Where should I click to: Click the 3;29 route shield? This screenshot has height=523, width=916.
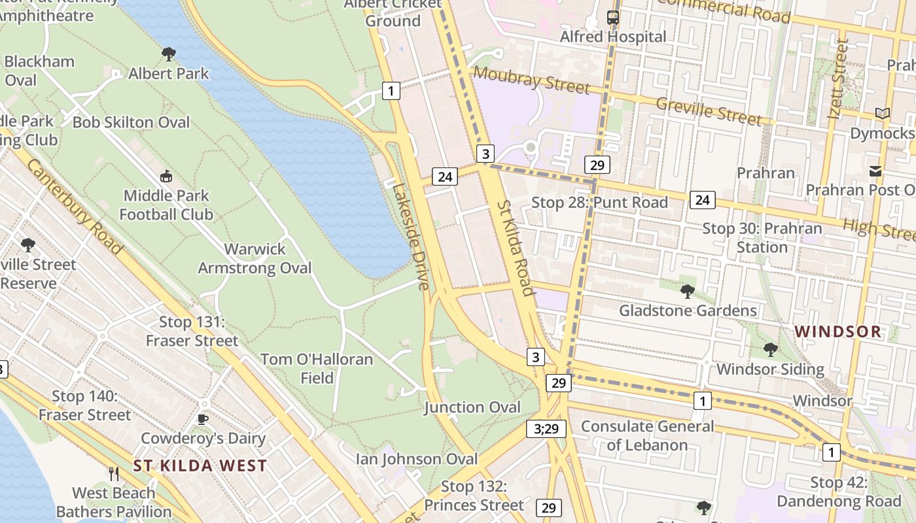tap(546, 429)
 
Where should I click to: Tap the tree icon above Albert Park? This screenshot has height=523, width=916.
tap(169, 54)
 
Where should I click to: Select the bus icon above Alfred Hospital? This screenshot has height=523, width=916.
tap(613, 18)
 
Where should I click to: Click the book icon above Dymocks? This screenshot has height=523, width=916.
tap(883, 114)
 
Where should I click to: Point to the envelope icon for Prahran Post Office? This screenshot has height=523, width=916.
tap(875, 171)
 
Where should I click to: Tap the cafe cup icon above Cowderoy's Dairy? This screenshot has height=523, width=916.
tap(203, 419)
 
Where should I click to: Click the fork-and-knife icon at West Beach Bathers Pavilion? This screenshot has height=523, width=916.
tap(114, 473)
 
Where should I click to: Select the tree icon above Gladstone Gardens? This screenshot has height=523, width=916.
tap(687, 291)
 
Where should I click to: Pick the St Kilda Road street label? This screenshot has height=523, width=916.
tap(515, 248)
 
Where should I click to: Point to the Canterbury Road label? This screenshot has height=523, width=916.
tap(74, 206)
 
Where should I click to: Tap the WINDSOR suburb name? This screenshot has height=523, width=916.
tap(838, 331)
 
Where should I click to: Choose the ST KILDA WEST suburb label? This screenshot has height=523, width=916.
tap(200, 465)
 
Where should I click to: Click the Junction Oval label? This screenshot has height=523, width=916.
tap(472, 407)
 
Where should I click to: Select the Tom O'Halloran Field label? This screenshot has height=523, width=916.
tap(317, 369)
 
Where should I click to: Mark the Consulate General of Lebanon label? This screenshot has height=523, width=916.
tap(648, 435)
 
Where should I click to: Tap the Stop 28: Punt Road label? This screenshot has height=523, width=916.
tap(599, 203)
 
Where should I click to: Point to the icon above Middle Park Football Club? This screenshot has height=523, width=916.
tap(166, 176)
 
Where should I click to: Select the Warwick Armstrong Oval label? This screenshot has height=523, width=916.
tap(255, 258)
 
